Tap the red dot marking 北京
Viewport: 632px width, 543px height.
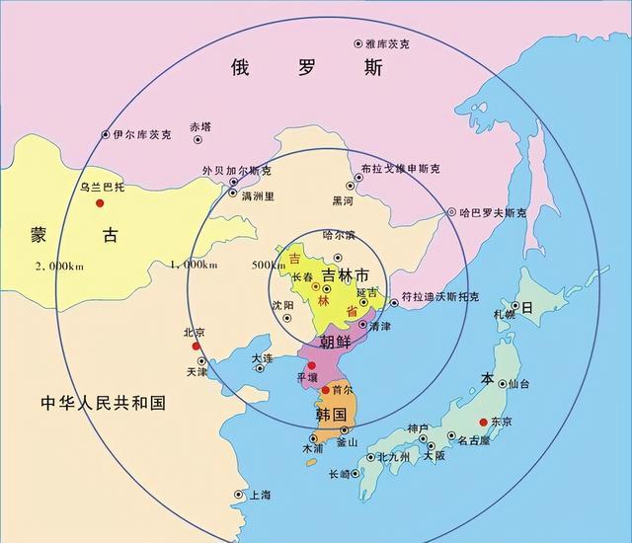click(x=197, y=347)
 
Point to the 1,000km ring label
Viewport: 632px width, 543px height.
click(x=194, y=265)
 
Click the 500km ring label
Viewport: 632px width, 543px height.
click(x=266, y=265)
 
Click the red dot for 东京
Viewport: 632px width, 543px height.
click(x=483, y=423)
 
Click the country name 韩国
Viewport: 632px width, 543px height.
click(x=331, y=414)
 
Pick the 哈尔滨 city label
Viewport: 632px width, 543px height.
click(x=339, y=235)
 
